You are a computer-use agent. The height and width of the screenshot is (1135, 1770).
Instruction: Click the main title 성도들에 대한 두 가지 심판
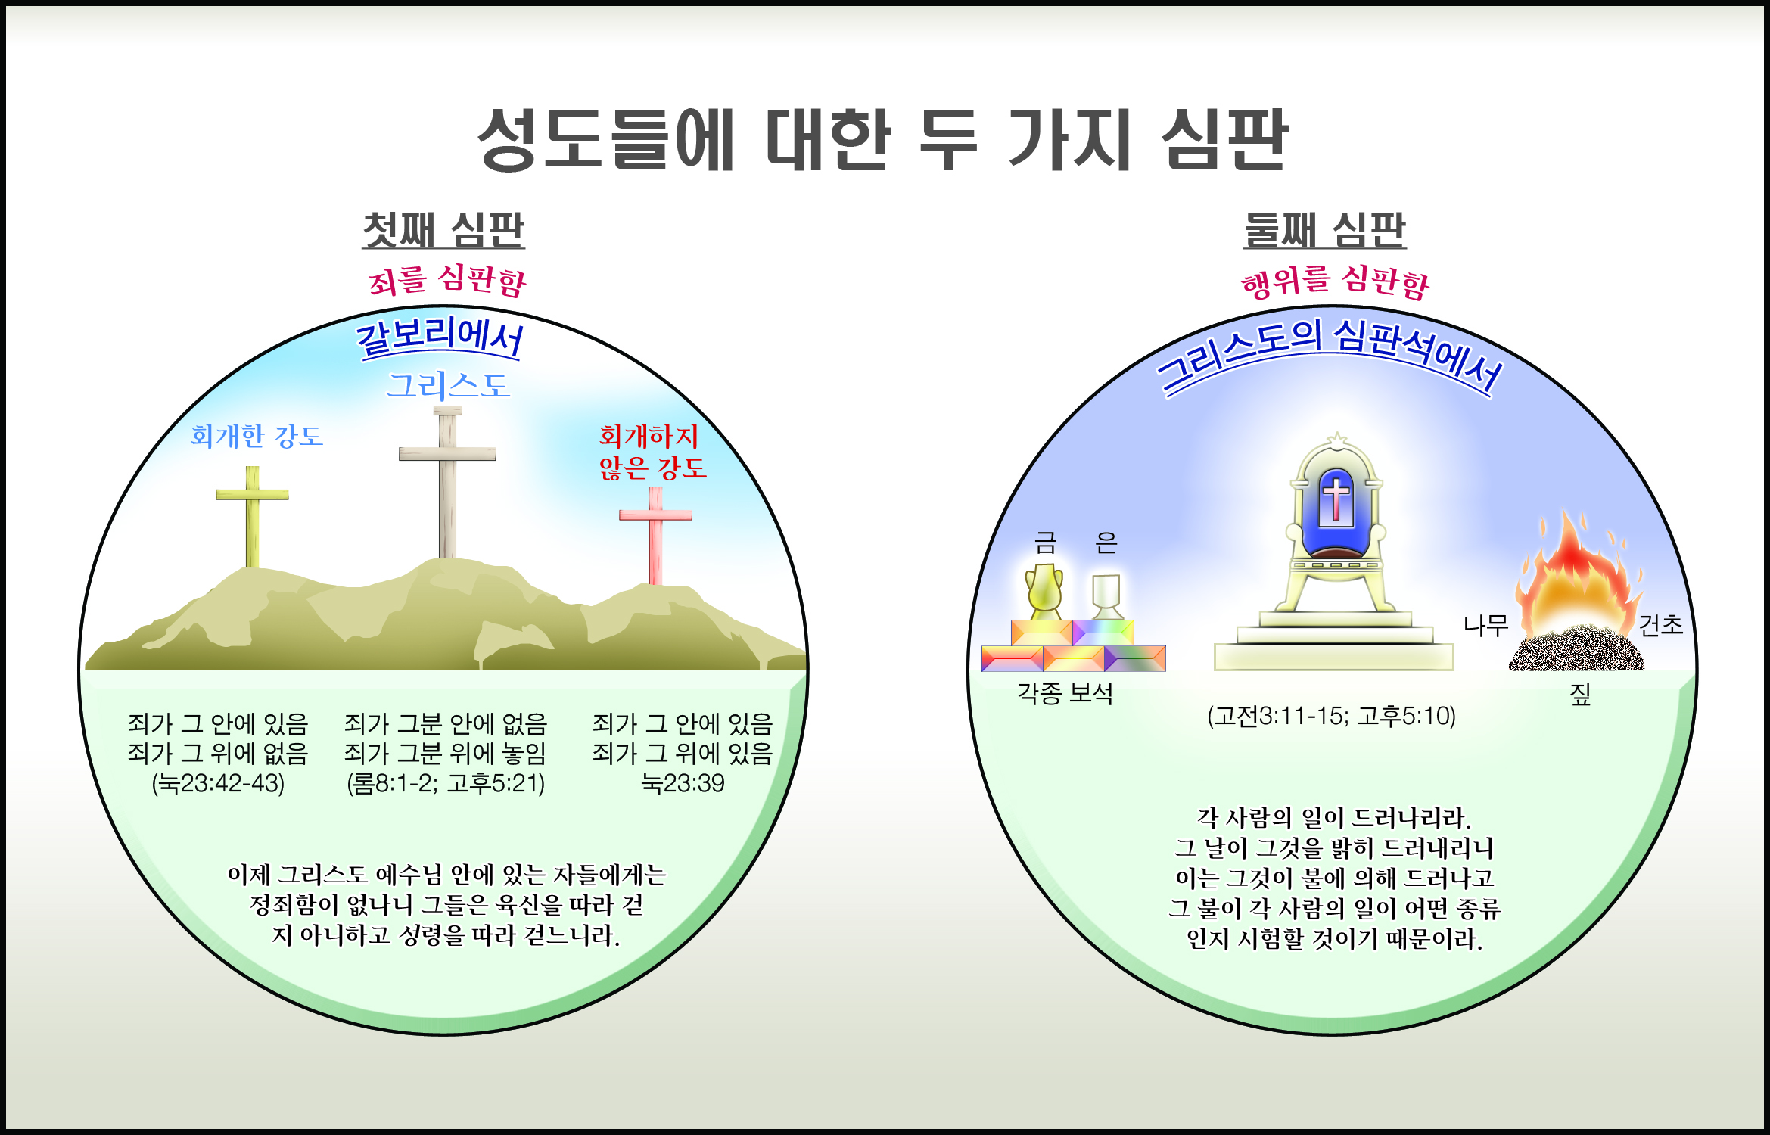(x=882, y=139)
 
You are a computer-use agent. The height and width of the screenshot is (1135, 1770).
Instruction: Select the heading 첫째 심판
(x=443, y=230)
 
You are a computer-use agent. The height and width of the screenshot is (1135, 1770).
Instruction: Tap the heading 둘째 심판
(x=1325, y=230)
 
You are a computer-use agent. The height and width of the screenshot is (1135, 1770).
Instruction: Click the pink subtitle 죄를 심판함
(x=447, y=281)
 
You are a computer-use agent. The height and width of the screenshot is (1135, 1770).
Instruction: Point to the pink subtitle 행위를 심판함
(x=1336, y=281)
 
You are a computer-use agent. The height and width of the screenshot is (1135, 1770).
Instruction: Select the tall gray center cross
(x=447, y=482)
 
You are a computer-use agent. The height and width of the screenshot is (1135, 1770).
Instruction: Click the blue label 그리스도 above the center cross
(x=448, y=385)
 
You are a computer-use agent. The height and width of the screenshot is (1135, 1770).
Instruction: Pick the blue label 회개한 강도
(x=257, y=436)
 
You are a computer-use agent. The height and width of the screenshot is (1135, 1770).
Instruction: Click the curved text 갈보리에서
(x=440, y=337)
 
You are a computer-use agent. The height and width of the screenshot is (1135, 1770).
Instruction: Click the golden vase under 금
(x=1044, y=591)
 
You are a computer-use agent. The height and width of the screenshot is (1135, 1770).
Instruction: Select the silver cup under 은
(x=1106, y=596)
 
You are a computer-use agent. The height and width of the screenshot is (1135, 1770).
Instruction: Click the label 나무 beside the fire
(x=1485, y=625)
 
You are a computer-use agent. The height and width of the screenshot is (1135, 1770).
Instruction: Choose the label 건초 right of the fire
(x=1660, y=625)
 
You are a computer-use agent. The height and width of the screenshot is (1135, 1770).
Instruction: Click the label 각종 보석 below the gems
(x=1065, y=693)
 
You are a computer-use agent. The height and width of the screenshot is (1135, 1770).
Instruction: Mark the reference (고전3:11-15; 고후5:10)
(x=1331, y=716)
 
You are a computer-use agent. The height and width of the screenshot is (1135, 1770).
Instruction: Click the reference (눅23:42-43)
(x=218, y=782)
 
